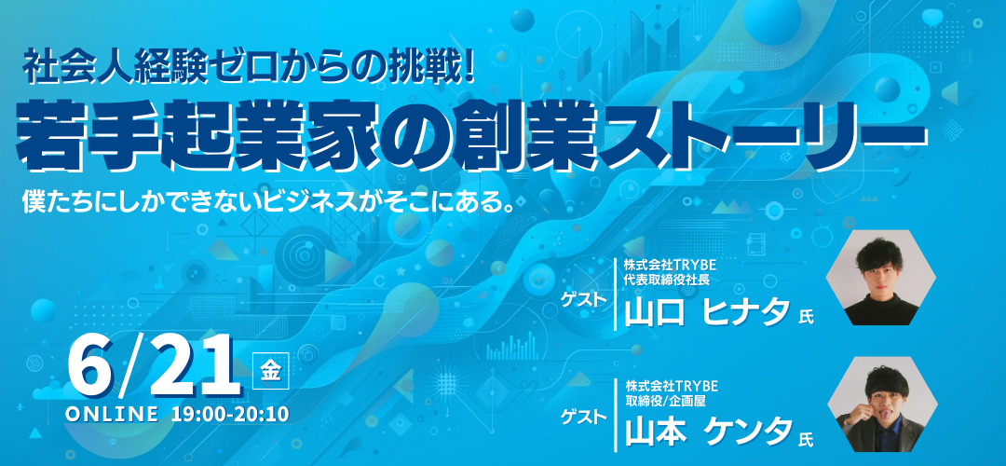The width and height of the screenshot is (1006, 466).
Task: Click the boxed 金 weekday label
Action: [x=271, y=371]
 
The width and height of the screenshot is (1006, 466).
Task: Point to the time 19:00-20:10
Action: [x=230, y=414]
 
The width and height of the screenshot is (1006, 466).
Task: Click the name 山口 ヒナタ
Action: [x=707, y=312]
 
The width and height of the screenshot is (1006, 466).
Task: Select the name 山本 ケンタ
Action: [x=708, y=432]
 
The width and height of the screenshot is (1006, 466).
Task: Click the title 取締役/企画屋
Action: [x=660, y=400]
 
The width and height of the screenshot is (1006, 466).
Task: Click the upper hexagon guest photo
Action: [x=880, y=278]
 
